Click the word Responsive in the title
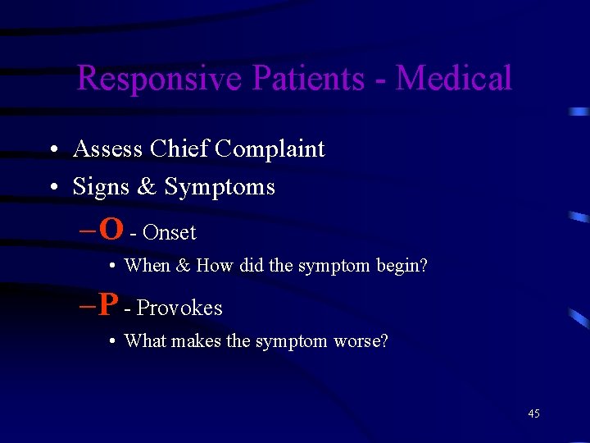(x=160, y=79)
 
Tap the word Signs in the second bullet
(x=101, y=188)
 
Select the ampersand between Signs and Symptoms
(x=147, y=187)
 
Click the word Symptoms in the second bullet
(x=220, y=188)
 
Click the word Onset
(x=169, y=233)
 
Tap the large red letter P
(x=108, y=304)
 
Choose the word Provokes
(x=179, y=308)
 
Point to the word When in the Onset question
(x=147, y=266)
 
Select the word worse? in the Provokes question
(x=361, y=341)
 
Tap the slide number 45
(x=533, y=414)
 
